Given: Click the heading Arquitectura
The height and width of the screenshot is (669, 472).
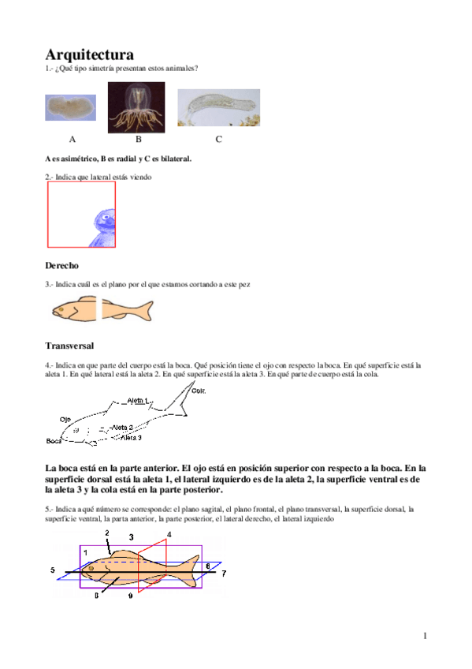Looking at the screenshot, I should point(89,54).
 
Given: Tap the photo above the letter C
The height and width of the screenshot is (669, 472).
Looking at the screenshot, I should point(218,107).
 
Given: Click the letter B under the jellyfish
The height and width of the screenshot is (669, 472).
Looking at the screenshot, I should point(138,140).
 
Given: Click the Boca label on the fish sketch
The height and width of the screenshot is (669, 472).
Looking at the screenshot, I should point(53,441).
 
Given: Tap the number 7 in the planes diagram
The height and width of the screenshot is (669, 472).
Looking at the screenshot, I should point(223,574).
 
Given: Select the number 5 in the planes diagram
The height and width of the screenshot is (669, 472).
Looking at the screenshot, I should point(52,569).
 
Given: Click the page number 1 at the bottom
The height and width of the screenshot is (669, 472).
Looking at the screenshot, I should point(424,636).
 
